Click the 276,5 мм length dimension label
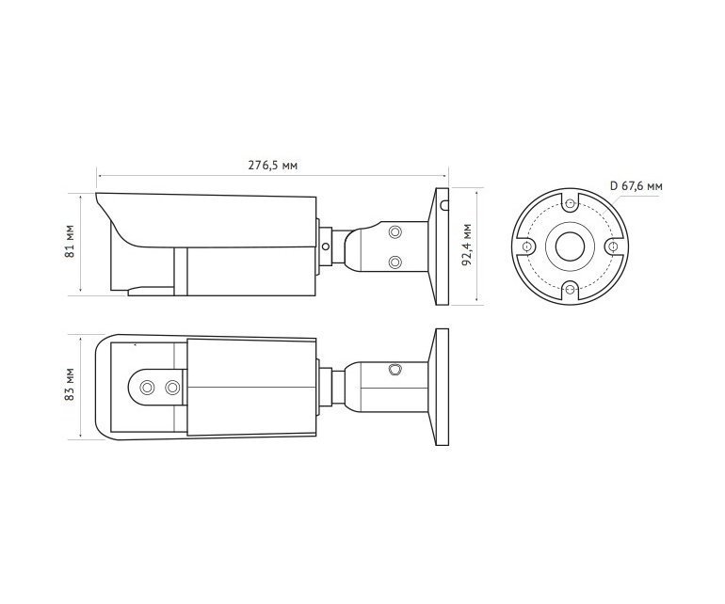[x=272, y=165]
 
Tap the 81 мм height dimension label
[x=71, y=242]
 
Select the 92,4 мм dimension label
[x=467, y=245]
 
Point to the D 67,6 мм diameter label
[x=636, y=186]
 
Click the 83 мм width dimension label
[x=71, y=385]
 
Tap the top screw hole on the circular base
[x=571, y=203]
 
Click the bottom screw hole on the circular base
[x=571, y=290]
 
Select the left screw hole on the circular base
[x=526, y=246]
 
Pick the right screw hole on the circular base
[x=614, y=246]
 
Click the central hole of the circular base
[x=570, y=246]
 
